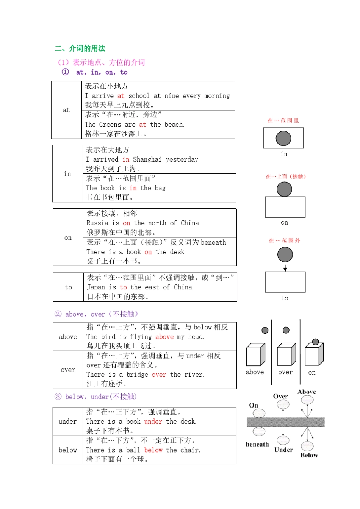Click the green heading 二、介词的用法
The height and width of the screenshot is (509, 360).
tap(80, 48)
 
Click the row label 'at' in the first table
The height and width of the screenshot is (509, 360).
tap(66, 110)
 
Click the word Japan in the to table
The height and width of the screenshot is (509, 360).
tap(96, 287)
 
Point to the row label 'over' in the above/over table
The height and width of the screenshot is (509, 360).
tap(68, 370)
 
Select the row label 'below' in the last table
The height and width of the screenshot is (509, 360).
tap(68, 450)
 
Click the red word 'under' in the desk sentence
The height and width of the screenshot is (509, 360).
tap(153, 422)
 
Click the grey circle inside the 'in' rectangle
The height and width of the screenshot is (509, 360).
tap(283, 138)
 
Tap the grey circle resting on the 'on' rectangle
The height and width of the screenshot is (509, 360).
tap(284, 189)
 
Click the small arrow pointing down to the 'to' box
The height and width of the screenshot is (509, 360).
tap(285, 268)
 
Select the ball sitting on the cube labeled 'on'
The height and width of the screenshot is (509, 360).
tap(315, 342)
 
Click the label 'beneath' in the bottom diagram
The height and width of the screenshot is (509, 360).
tap(257, 444)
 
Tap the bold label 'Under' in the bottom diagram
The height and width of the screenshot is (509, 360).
tap(283, 450)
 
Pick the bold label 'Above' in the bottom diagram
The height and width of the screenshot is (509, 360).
tap(307, 392)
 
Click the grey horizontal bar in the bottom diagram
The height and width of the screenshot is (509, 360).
tap(285, 422)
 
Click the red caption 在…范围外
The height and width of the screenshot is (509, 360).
tap(284, 240)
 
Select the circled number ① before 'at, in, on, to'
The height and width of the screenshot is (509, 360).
tap(65, 72)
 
